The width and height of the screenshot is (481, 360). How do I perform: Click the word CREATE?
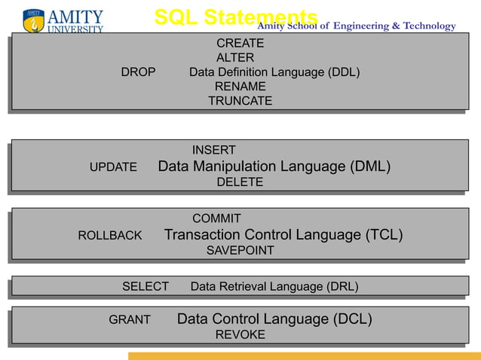point(240,44)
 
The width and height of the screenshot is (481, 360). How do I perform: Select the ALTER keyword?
point(235,58)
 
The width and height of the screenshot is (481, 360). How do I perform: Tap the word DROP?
point(138,73)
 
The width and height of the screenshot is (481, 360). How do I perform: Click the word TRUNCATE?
point(240,102)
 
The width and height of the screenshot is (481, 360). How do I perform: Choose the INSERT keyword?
point(213,151)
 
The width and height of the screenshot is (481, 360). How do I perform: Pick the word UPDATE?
point(113,167)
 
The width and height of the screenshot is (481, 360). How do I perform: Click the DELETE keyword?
point(240,183)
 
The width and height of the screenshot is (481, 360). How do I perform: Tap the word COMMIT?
point(216,219)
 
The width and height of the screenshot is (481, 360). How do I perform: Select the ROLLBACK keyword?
point(110,236)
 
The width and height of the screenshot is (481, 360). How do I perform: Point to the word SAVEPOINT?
point(240,251)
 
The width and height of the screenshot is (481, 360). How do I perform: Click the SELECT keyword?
point(146,287)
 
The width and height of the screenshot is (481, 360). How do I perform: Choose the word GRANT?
point(130,320)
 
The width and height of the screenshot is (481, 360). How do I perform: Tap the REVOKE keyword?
point(240,335)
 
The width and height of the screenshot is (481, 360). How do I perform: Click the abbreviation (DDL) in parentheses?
point(343,73)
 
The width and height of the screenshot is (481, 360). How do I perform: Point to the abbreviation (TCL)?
point(384,236)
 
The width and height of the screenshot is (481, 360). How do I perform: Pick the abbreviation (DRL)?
point(342,287)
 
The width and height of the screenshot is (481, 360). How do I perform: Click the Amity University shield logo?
point(33,21)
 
